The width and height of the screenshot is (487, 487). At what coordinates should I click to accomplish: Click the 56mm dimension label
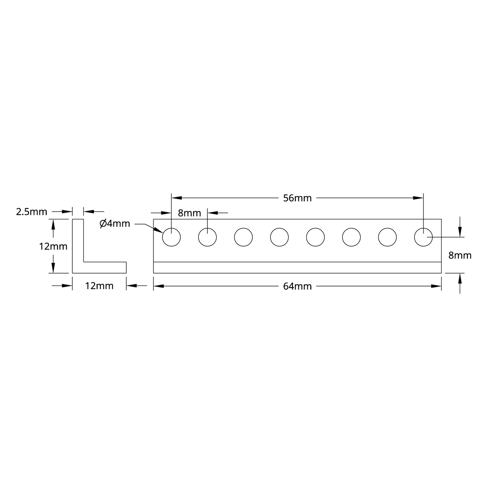[x=297, y=198]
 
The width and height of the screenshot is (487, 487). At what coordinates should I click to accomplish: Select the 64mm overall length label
[x=297, y=286]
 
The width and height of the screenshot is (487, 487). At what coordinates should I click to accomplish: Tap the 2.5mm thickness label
[x=32, y=212]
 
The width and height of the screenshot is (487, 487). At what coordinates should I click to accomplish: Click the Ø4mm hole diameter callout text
[x=115, y=224]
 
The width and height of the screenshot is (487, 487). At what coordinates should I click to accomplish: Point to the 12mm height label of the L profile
[x=53, y=247]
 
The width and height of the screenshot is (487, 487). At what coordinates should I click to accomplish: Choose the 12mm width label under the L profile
[x=99, y=286]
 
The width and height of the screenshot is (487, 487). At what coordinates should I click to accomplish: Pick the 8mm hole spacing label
[x=189, y=213]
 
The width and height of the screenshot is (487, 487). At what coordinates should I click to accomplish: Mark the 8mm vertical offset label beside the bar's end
[x=460, y=255]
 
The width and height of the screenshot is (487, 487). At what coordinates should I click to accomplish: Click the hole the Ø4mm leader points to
[x=172, y=237]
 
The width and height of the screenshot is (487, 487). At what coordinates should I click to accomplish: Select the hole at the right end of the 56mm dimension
[x=423, y=237]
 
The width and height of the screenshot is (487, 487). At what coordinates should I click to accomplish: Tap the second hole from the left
[x=207, y=237]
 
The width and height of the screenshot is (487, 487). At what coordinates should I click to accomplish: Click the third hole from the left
[x=243, y=237]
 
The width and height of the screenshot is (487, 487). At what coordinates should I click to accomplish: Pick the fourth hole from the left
[x=279, y=237]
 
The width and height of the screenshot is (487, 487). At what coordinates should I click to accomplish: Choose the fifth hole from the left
[x=315, y=237]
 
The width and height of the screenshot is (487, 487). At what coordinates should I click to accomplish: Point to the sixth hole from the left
[x=351, y=237]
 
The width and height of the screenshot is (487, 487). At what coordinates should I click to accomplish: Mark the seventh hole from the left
[x=387, y=237]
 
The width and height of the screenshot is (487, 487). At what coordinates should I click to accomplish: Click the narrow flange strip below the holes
[x=297, y=267]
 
